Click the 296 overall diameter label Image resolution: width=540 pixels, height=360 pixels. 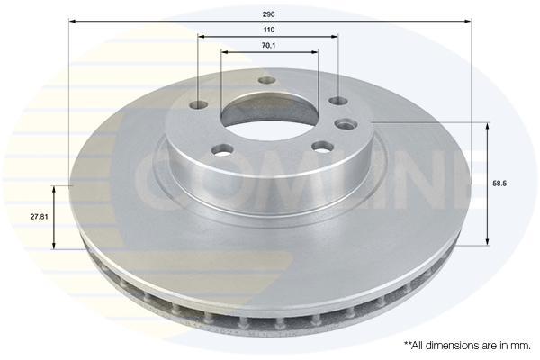coord(268,14)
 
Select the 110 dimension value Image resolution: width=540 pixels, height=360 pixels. coord(269,30)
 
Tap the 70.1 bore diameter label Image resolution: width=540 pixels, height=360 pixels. coord(268,46)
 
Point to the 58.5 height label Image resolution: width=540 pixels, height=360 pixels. coord(499,184)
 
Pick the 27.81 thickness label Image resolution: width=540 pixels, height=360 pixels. coord(40,217)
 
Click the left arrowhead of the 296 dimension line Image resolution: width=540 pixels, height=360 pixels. coord(72,22)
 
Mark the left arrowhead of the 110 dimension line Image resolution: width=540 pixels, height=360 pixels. coord(201,37)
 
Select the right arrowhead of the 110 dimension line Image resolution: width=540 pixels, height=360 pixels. coord(335,37)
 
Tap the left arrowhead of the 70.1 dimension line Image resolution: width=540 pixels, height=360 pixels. coord(224,52)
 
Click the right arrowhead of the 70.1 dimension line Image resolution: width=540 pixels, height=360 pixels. coord(315,52)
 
